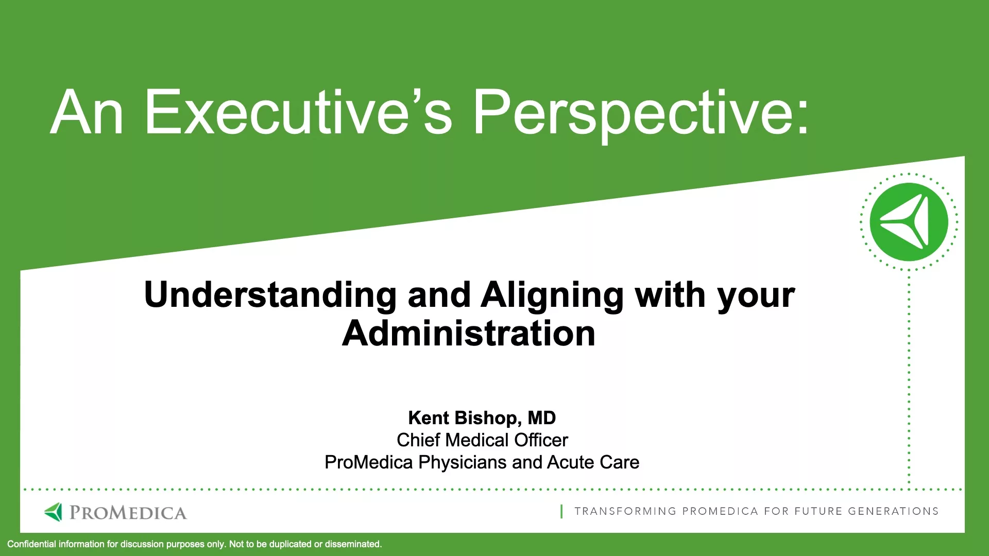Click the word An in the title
click(x=87, y=112)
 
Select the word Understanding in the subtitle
click(x=270, y=296)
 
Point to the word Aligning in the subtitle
click(x=552, y=296)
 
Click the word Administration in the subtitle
click(x=469, y=333)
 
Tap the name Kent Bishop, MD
click(x=482, y=418)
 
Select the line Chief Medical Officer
click(x=482, y=440)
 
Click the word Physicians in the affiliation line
click(x=463, y=463)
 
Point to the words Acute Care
click(x=593, y=462)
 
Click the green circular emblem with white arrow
click(x=909, y=222)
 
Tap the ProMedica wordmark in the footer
click(x=128, y=513)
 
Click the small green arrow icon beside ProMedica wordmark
click(x=53, y=512)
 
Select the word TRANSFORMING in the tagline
click(x=626, y=511)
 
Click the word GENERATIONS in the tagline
click(x=893, y=511)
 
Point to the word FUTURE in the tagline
click(x=818, y=511)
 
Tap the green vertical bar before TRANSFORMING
click(x=561, y=511)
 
